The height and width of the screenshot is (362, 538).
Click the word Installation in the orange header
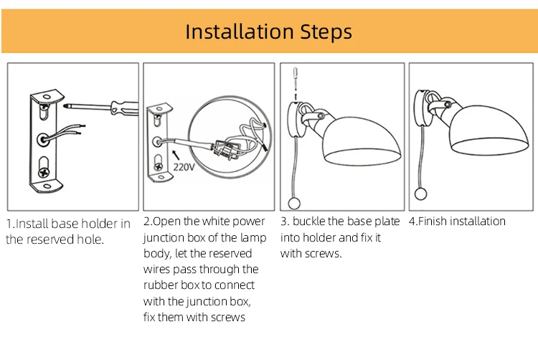coord(239,32)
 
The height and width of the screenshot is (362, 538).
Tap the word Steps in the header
coord(326,32)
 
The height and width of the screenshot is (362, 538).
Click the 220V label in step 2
coord(184,167)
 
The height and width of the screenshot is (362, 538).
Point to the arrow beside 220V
coord(176,155)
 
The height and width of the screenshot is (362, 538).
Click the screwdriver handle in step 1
coord(125,108)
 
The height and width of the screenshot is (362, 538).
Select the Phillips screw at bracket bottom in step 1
coord(44,172)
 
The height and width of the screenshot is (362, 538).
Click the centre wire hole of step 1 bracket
coord(43,140)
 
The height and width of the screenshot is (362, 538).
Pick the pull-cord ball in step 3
coord(294,204)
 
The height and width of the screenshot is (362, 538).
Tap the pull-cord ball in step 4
coord(420,194)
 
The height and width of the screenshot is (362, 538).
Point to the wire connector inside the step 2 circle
coord(225,149)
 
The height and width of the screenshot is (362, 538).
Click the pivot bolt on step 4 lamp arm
coord(448,105)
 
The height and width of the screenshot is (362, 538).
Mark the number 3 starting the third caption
coord(284,222)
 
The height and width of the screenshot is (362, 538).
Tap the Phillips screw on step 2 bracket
coord(159,167)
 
